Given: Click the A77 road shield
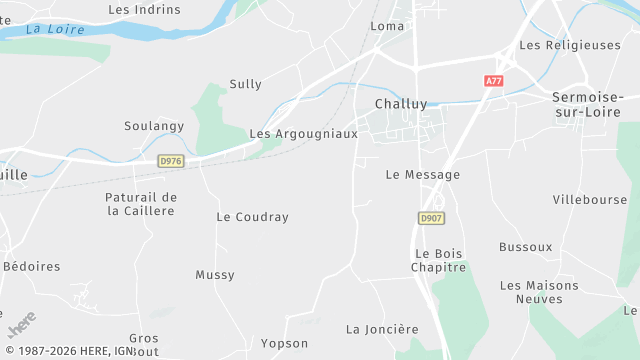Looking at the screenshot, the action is (493, 81).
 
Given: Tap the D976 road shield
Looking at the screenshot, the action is (172, 160).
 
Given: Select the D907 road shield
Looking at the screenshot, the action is (431, 217).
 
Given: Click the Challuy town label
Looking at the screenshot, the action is (402, 104).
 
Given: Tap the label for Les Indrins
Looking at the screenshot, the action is (144, 10).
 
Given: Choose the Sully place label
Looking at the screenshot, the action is (245, 84).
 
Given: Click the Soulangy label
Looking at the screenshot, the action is (154, 126).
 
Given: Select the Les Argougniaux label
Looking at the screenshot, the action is (303, 134).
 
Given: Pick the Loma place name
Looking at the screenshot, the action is (387, 26).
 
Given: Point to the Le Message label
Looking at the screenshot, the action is (423, 175).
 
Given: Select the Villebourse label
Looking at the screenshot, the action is (590, 200).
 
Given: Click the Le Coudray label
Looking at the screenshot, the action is (252, 217).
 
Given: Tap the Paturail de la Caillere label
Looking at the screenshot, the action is (141, 204).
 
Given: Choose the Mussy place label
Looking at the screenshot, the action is (215, 275).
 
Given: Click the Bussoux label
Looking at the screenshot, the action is (526, 246).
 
